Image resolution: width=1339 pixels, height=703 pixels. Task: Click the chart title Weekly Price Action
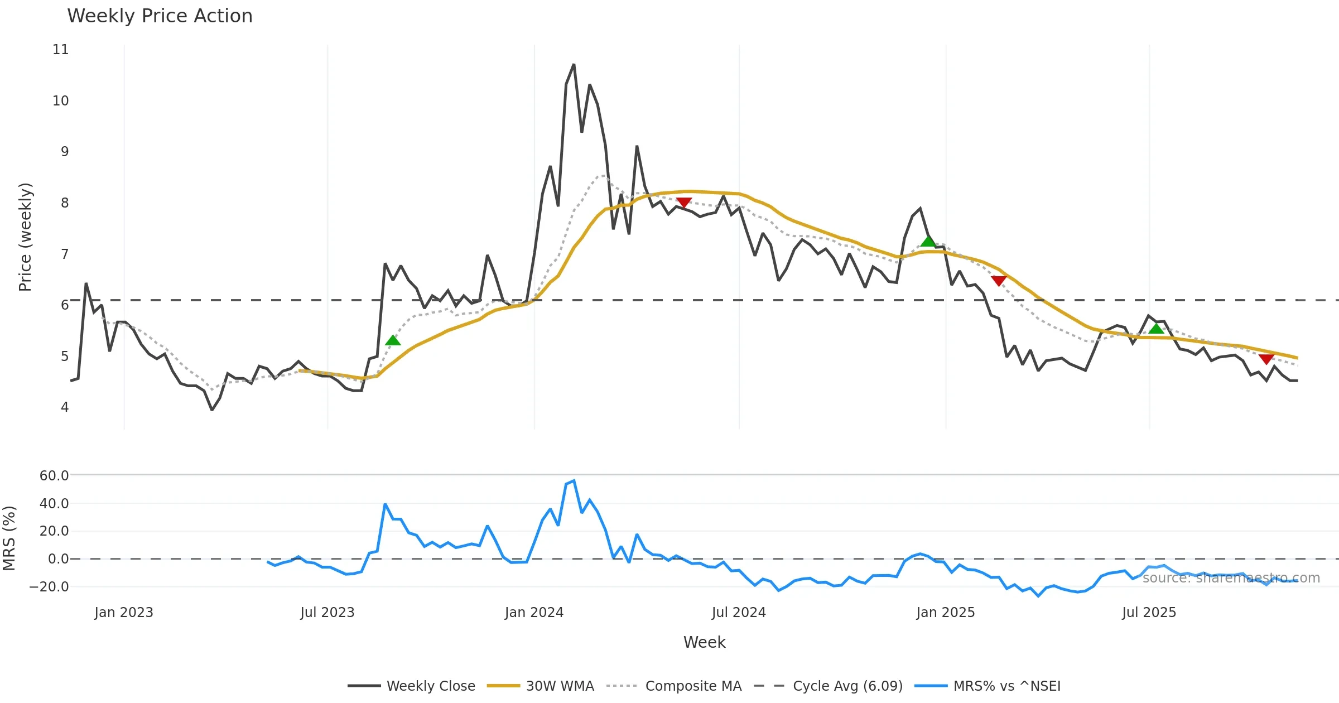(x=160, y=16)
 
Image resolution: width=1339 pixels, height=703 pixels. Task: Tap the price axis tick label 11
(x=61, y=50)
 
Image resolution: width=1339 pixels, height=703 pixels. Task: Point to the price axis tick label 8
(x=65, y=203)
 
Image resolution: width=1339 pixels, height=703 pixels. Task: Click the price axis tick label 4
(x=65, y=407)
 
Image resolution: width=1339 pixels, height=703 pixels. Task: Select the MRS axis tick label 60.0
(x=54, y=476)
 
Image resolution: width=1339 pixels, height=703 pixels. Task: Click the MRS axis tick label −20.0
(x=49, y=586)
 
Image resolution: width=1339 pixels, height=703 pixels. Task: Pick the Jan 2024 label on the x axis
(x=534, y=613)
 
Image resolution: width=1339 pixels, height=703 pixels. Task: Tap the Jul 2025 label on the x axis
(x=1149, y=613)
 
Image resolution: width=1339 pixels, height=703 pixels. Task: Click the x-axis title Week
(x=704, y=643)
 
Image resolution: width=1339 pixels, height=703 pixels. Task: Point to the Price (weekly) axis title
(x=25, y=237)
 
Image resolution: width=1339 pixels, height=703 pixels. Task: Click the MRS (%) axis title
(x=9, y=538)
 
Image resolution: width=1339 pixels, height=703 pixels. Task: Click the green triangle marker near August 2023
(x=393, y=340)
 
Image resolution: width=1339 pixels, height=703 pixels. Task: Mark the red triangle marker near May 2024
(x=683, y=202)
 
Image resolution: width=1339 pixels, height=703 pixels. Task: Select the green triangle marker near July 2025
(x=1156, y=329)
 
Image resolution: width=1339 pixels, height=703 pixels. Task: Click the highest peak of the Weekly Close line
(x=574, y=65)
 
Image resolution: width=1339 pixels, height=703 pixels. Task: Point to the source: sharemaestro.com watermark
(x=1231, y=578)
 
